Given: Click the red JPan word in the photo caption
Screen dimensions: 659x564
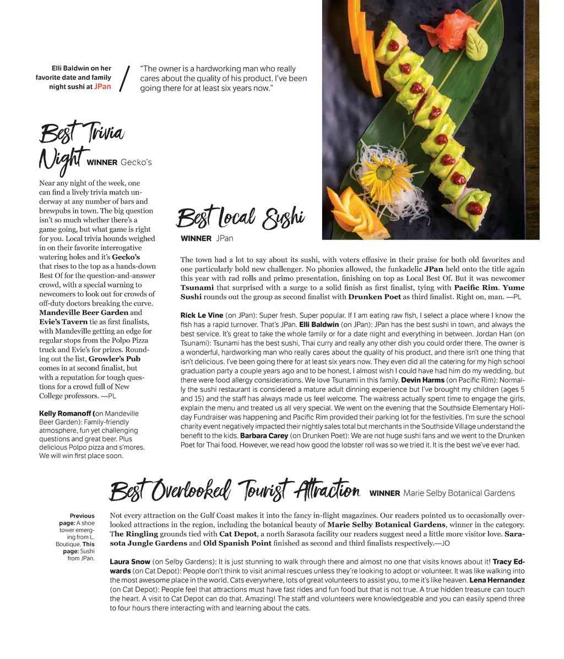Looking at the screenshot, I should click(102, 86).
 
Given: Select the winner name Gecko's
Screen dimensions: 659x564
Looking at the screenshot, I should click(136, 162).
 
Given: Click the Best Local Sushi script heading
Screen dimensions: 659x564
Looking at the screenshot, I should click(240, 217).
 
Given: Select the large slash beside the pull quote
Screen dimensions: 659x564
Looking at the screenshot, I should click(125, 78).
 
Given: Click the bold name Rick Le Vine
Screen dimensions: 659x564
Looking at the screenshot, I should click(202, 315).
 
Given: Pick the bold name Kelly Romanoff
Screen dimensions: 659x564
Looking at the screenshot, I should click(66, 413).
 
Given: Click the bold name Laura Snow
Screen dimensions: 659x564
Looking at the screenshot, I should click(129, 562).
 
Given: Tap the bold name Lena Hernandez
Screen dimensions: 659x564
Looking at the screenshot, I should click(497, 580).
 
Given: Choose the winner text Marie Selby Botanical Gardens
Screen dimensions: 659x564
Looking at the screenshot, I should click(459, 493).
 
